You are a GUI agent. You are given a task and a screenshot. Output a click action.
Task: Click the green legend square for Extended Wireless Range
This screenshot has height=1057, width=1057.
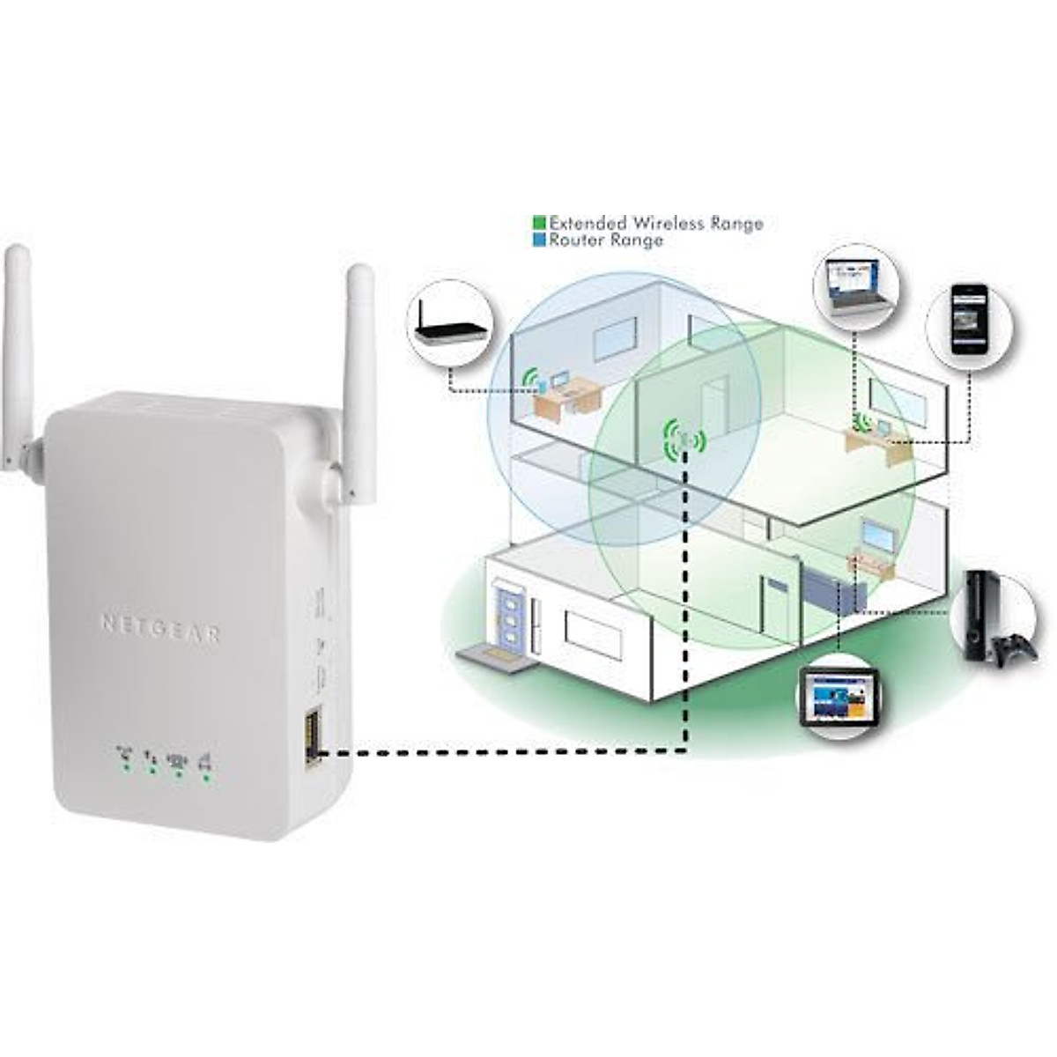click(540, 223)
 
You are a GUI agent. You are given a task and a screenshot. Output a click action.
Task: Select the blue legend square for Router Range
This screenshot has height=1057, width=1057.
click(540, 240)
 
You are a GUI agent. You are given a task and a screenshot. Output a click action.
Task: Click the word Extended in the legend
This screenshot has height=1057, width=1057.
click(588, 223)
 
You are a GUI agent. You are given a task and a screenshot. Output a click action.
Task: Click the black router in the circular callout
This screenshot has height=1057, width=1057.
click(452, 332)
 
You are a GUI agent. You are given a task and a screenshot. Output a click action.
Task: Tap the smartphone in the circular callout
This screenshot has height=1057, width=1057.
click(969, 321)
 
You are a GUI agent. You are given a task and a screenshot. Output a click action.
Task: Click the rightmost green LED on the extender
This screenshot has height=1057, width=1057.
click(206, 778)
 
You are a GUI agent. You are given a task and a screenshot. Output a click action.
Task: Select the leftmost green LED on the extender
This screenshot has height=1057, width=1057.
click(126, 766)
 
